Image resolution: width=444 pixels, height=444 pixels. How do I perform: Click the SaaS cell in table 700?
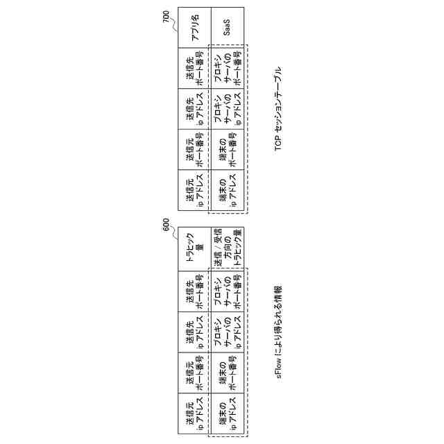pos(227,27)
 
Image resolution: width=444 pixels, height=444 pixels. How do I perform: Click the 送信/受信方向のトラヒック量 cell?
pos(227,249)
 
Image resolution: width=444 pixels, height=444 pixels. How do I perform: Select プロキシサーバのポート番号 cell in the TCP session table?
pos(227,67)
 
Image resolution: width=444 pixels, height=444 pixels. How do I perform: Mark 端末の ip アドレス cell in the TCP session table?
pos(227,190)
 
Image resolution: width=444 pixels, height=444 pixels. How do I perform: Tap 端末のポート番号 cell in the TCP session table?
pos(227,149)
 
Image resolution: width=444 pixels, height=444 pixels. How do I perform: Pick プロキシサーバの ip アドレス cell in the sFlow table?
pos(227,332)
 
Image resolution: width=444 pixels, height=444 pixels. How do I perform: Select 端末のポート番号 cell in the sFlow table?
pos(227,373)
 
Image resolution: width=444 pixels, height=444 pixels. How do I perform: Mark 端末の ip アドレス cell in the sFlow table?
pos(227,414)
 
